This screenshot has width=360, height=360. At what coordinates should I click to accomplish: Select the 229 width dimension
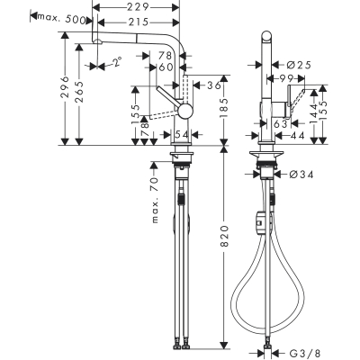point(138,7)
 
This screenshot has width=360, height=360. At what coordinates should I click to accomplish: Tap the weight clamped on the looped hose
point(261,219)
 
